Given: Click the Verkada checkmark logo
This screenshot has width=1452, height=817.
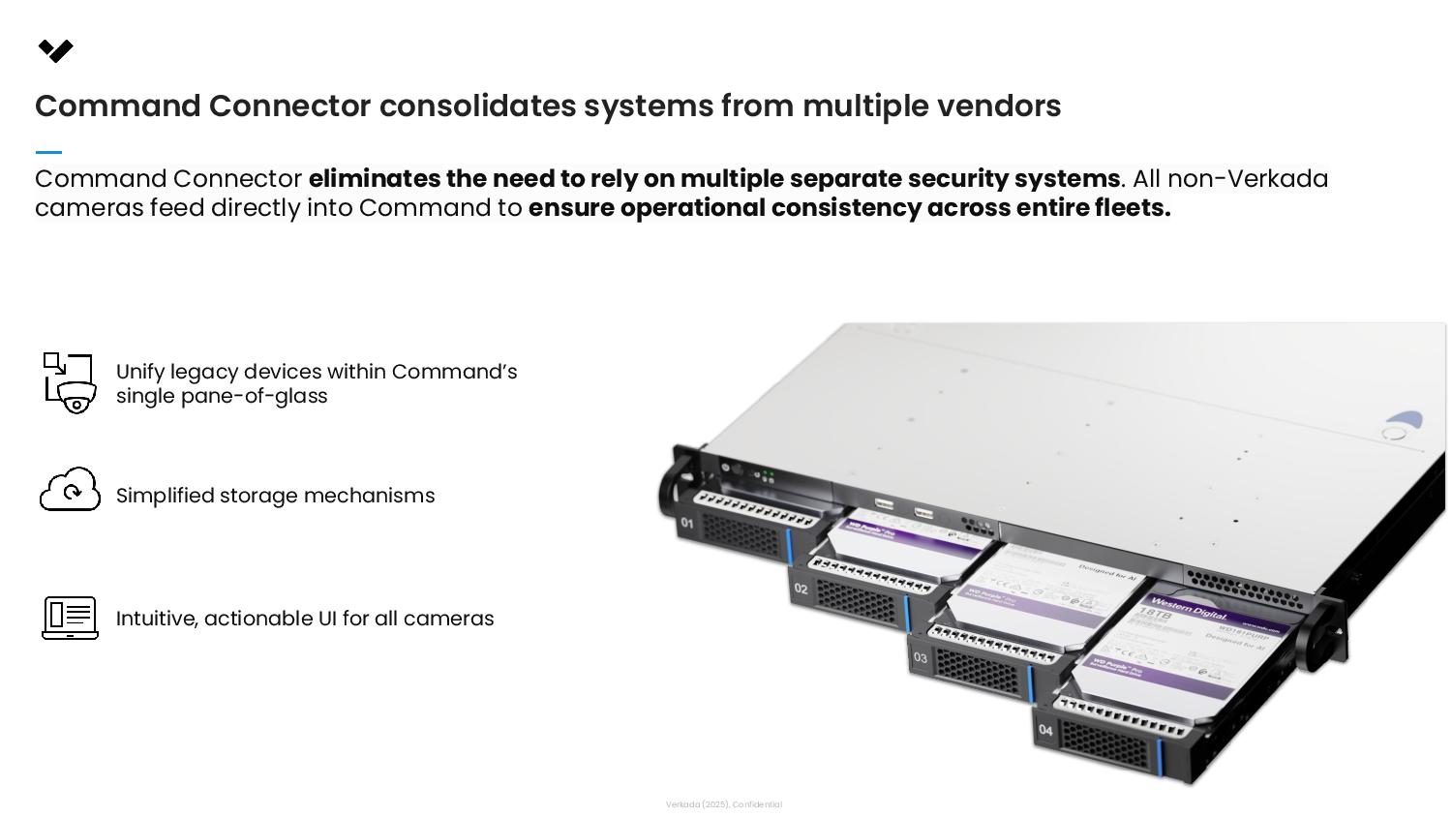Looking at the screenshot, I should tap(56, 50).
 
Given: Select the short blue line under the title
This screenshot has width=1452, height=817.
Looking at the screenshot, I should tap(48, 152).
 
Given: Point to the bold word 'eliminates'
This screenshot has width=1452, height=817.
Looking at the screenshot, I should tap(374, 179).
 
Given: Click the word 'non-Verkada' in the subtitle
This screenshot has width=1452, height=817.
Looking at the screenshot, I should tap(1248, 179).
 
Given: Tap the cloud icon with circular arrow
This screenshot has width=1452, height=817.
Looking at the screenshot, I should tap(70, 490).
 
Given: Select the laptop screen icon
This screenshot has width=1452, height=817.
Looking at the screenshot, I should tap(70, 618).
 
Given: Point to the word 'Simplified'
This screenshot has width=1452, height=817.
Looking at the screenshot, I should tap(165, 496).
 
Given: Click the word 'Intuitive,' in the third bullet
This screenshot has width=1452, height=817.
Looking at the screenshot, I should tap(157, 619).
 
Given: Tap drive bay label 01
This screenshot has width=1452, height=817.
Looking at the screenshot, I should tap(686, 524).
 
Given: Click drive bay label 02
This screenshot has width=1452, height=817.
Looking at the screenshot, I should tap(801, 589).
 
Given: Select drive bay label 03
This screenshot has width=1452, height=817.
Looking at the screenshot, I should tap(920, 658).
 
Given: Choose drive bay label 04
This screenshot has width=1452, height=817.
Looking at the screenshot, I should tap(1045, 730).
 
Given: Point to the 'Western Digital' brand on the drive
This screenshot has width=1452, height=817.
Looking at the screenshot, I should tap(1190, 610).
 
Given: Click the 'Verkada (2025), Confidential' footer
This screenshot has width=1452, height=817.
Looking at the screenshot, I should tap(723, 804).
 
